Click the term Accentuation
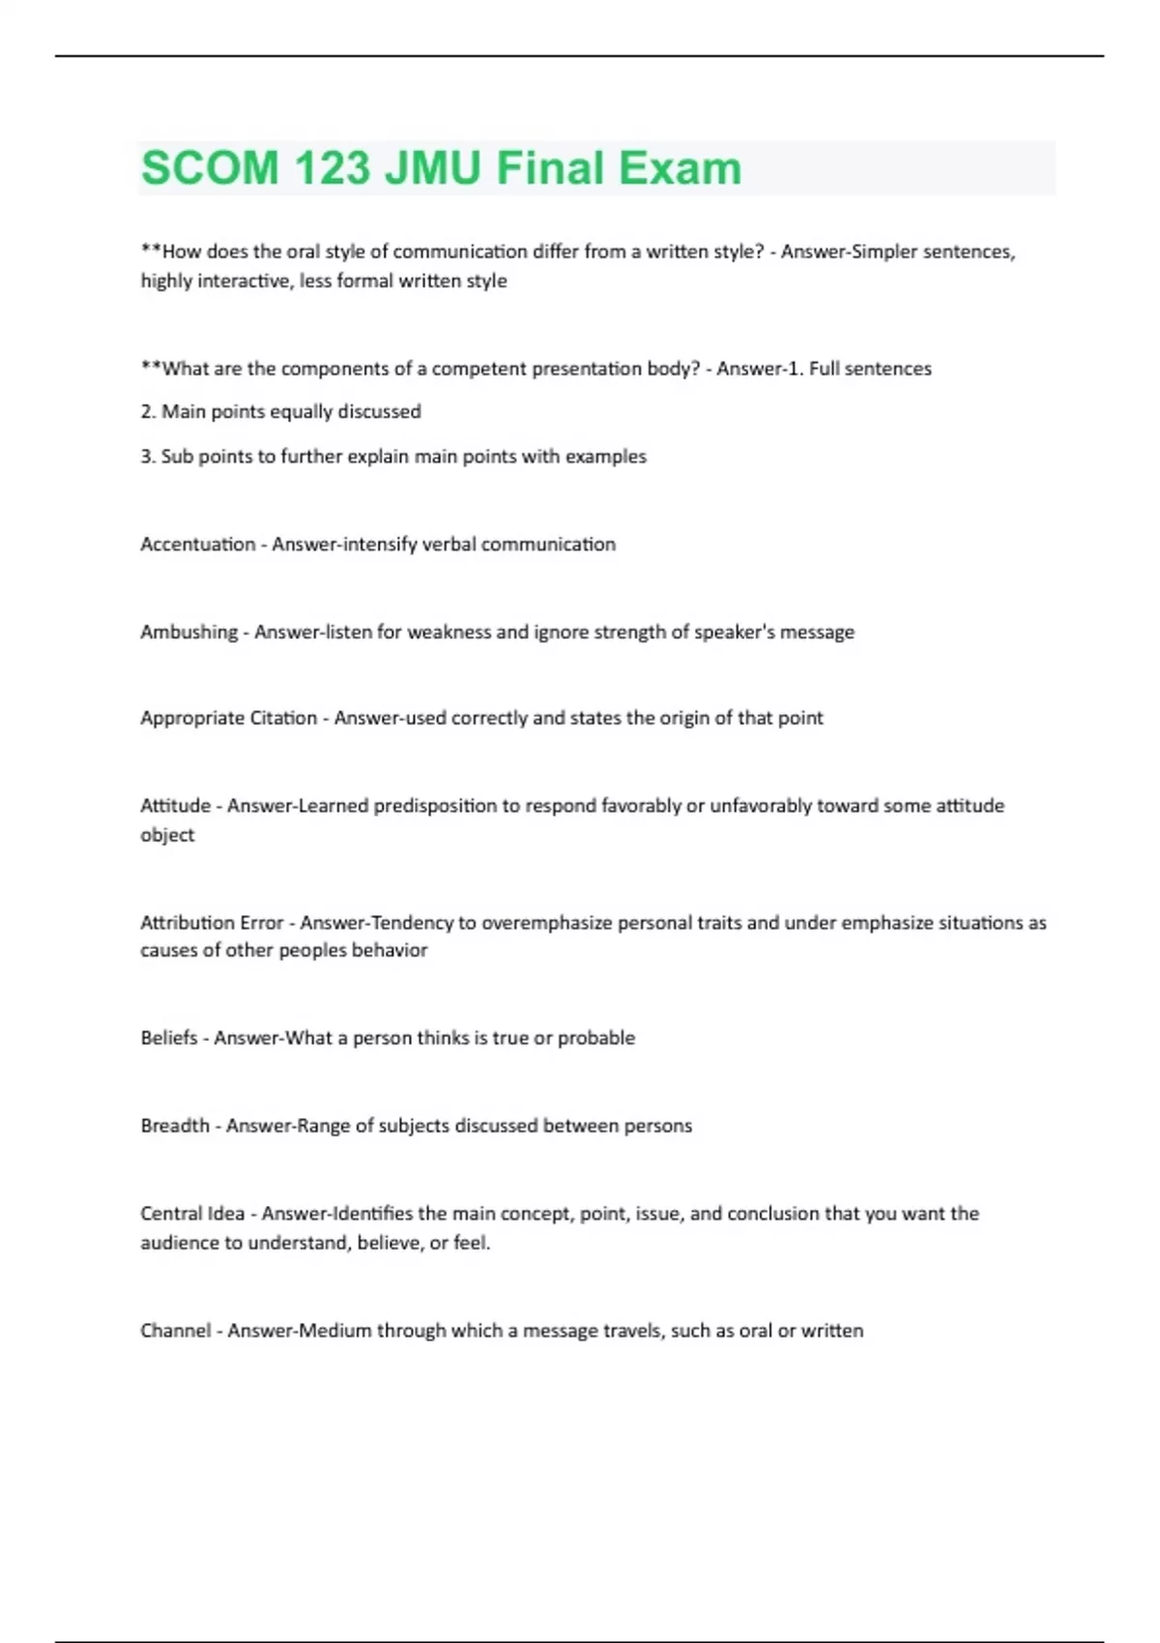pyautogui.click(x=198, y=544)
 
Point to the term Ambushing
pyautogui.click(x=188, y=632)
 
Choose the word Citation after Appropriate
pyautogui.click(x=284, y=718)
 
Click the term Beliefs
pyautogui.click(x=169, y=1038)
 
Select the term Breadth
pyautogui.click(x=175, y=1126)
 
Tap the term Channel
pyautogui.click(x=175, y=1331)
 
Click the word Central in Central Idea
pyautogui.click(x=170, y=1214)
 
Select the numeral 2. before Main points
pyautogui.click(x=148, y=412)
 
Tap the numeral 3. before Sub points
pyautogui.click(x=148, y=456)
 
